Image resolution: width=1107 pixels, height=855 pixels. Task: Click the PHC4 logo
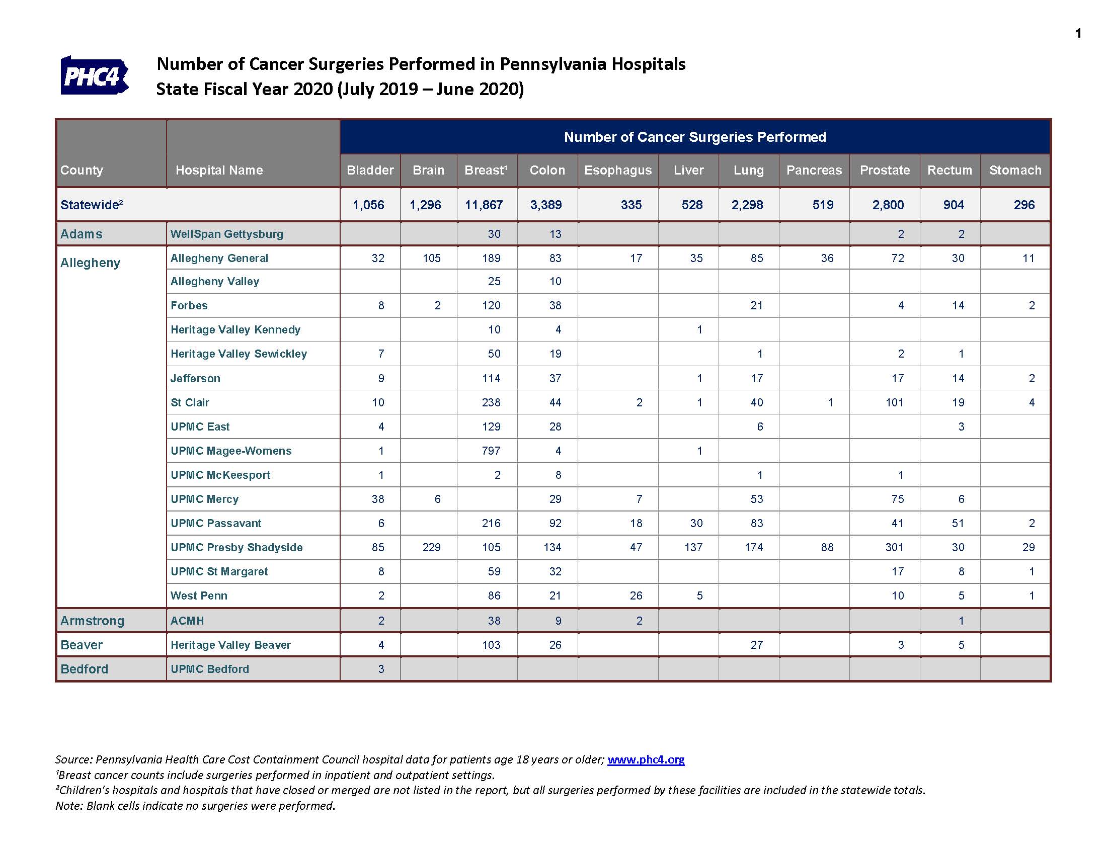[94, 75]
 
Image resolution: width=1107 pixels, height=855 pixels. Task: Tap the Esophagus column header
[618, 170]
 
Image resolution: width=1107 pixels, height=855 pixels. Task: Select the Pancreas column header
[814, 170]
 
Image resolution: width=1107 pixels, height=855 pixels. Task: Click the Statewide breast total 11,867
[484, 205]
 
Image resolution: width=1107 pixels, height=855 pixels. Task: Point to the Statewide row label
[92, 205]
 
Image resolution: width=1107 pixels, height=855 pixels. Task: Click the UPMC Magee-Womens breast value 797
[491, 451]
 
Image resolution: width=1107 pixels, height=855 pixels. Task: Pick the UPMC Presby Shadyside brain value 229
[431, 547]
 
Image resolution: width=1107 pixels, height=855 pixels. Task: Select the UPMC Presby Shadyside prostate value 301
[895, 547]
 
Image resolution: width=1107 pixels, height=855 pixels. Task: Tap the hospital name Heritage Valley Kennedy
[235, 330]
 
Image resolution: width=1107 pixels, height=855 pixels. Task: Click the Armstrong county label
[92, 621]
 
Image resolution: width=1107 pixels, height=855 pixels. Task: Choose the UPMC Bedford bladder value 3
[381, 668]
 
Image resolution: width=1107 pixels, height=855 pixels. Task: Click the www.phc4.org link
[646, 759]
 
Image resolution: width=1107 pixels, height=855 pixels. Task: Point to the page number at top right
[1078, 33]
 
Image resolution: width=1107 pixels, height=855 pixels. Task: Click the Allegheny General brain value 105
[431, 258]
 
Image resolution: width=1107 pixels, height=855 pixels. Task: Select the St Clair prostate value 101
[895, 402]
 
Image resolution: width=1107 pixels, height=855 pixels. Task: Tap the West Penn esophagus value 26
[636, 595]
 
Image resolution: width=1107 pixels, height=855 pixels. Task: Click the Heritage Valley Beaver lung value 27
[757, 645]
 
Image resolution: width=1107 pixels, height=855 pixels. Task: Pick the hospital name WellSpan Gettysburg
[226, 234]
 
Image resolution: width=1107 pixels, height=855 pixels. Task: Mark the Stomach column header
[1015, 170]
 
